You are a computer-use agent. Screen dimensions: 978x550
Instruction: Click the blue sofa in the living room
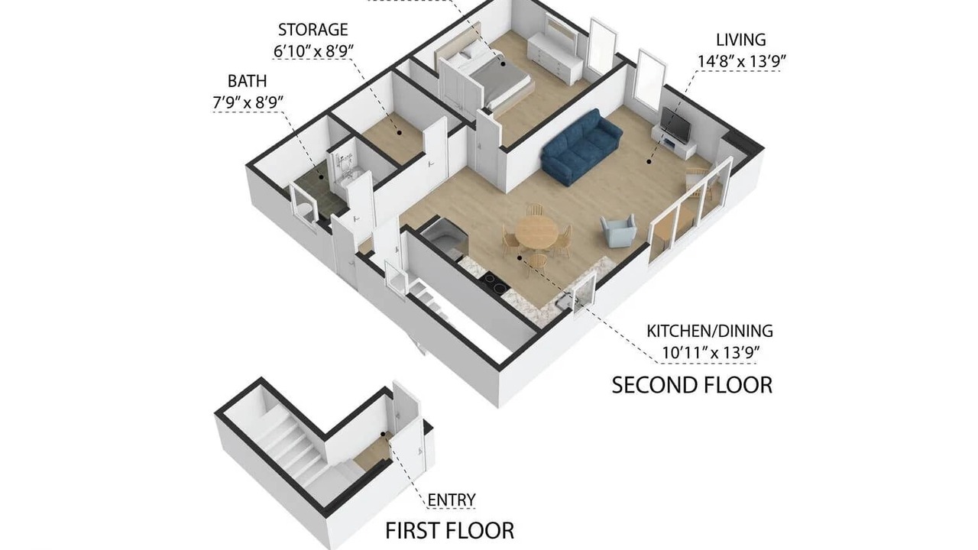(x=581, y=147)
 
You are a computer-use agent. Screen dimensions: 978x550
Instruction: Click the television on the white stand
(x=675, y=123)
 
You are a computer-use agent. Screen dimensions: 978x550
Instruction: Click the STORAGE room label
(x=313, y=30)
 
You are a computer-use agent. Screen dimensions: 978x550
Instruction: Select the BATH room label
(x=247, y=81)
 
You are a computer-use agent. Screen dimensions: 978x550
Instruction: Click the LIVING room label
(x=741, y=40)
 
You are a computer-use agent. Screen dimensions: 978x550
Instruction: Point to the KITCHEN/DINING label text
(x=710, y=332)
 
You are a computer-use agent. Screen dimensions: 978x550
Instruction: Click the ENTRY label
(x=452, y=500)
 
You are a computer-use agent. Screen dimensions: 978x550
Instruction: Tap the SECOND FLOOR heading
(x=692, y=386)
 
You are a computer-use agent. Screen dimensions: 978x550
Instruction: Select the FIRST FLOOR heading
(x=450, y=531)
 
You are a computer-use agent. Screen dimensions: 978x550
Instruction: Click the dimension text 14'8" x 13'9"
(x=741, y=61)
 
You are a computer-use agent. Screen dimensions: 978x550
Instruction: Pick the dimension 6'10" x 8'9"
(x=313, y=51)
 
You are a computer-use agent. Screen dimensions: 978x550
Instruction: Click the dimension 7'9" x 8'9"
(x=248, y=103)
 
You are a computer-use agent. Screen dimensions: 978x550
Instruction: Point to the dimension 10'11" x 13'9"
(x=711, y=353)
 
